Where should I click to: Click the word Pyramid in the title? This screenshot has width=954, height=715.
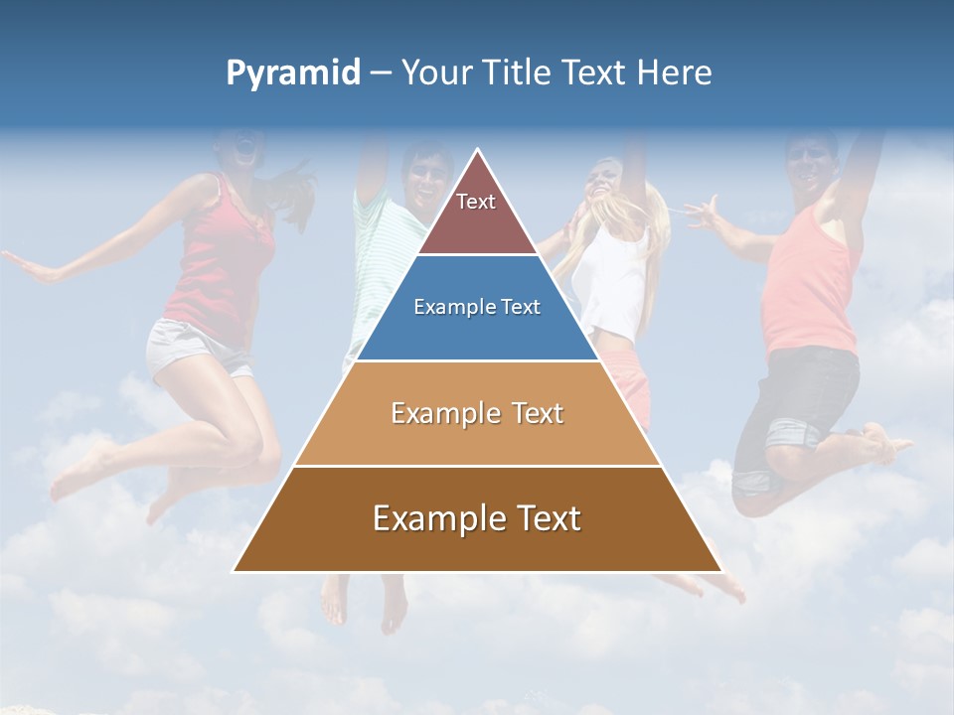[292, 72]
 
